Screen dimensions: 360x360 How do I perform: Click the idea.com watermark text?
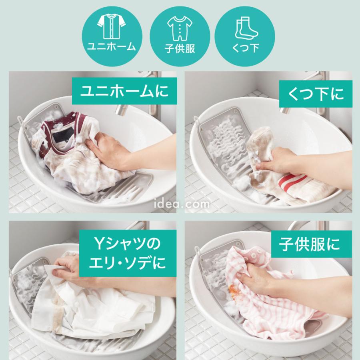click(x=180, y=204)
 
